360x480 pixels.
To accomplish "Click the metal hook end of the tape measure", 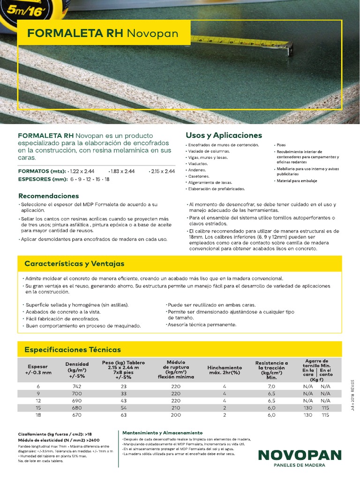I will tap(288, 47).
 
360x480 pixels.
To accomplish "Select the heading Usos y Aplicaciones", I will tap(224, 135).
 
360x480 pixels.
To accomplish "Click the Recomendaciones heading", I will tap(48, 195).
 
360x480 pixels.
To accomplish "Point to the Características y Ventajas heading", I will tap(74, 264).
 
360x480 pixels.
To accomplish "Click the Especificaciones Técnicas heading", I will tap(72, 350).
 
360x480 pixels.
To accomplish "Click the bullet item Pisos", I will tap(281, 145).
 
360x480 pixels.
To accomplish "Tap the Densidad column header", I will tap(77, 370).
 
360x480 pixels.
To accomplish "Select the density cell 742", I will tap(77, 386).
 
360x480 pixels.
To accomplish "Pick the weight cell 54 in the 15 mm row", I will tap(123, 408).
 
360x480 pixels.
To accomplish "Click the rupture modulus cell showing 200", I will tap(176, 415).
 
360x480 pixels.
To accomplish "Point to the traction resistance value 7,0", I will tap(271, 386).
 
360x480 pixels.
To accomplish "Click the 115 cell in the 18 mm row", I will tap(325, 415).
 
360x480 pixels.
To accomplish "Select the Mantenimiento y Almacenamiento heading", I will tap(162, 432).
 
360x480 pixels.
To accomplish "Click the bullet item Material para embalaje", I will tap(297, 180).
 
